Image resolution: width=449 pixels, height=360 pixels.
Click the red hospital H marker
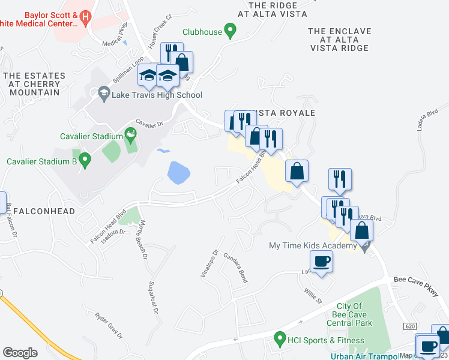click(x=85, y=18)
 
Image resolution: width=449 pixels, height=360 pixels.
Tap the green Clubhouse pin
click(x=229, y=30)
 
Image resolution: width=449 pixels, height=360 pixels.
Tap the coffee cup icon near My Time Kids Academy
click(x=321, y=262)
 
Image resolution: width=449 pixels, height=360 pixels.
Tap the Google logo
click(x=20, y=353)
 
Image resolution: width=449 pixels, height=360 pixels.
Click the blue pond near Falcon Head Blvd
click(x=179, y=173)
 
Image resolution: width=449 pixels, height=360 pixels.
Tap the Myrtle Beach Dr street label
click(x=143, y=239)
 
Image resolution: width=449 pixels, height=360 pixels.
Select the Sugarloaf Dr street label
click(x=157, y=293)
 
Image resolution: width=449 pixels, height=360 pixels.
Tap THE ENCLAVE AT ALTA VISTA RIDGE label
click(x=339, y=40)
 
